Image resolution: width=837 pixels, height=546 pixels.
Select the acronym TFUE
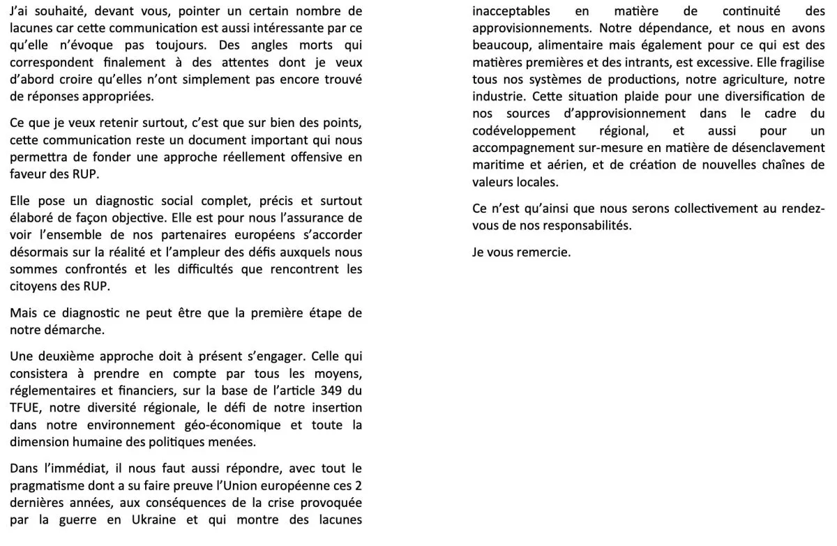[x=26, y=408]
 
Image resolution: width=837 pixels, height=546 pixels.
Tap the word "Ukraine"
[x=153, y=520]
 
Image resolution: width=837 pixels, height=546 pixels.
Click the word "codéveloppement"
[x=524, y=130]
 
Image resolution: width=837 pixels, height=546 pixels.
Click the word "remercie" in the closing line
[x=543, y=252]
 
